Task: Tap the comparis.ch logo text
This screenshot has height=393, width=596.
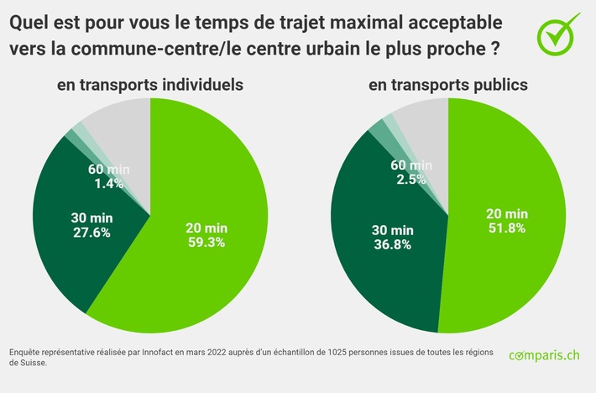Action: click(544, 356)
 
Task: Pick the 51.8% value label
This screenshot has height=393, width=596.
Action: click(505, 228)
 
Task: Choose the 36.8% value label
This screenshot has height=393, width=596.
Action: click(392, 245)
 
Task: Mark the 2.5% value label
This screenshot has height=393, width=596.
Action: click(410, 179)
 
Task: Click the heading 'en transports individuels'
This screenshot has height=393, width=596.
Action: click(150, 85)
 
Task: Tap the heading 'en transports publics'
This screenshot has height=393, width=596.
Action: click(448, 85)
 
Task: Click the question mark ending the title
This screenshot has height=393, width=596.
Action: click(494, 48)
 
